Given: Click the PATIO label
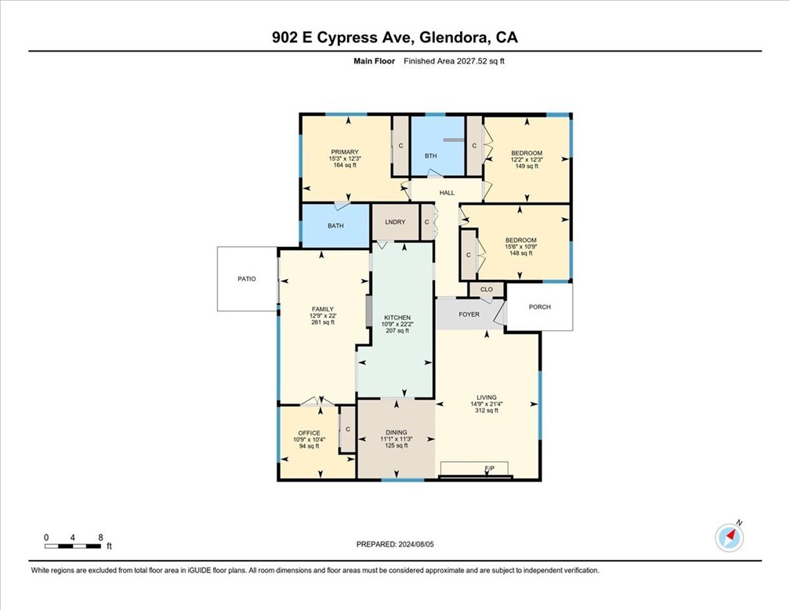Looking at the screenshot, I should click(247, 278).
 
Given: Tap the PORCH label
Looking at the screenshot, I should click(540, 307).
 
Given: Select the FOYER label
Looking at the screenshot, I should click(469, 314).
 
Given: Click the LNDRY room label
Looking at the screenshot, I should click(395, 222).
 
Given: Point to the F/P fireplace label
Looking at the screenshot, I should click(490, 469).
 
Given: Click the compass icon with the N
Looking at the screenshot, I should click(730, 537).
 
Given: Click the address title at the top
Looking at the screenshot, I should click(395, 37).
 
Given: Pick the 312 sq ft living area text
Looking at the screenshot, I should click(486, 411).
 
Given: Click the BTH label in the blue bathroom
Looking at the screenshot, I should click(431, 156).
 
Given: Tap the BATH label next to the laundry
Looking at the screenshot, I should click(335, 226).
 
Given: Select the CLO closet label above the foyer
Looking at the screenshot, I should click(486, 289).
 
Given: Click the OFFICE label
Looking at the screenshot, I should click(309, 433).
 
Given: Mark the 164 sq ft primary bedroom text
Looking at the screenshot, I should click(345, 165).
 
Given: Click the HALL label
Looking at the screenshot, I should click(447, 192).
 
